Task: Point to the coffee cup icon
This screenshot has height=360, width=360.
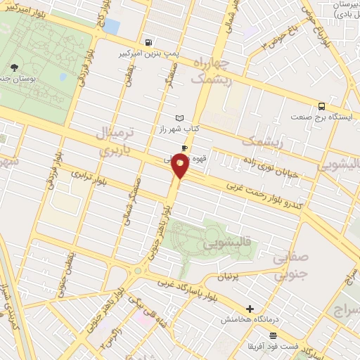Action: tap(184, 148)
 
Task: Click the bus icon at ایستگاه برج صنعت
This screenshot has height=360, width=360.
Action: tap(321, 105)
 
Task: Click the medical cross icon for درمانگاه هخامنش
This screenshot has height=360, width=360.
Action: tap(250, 309)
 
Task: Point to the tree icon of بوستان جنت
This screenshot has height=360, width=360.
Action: tap(14, 67)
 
